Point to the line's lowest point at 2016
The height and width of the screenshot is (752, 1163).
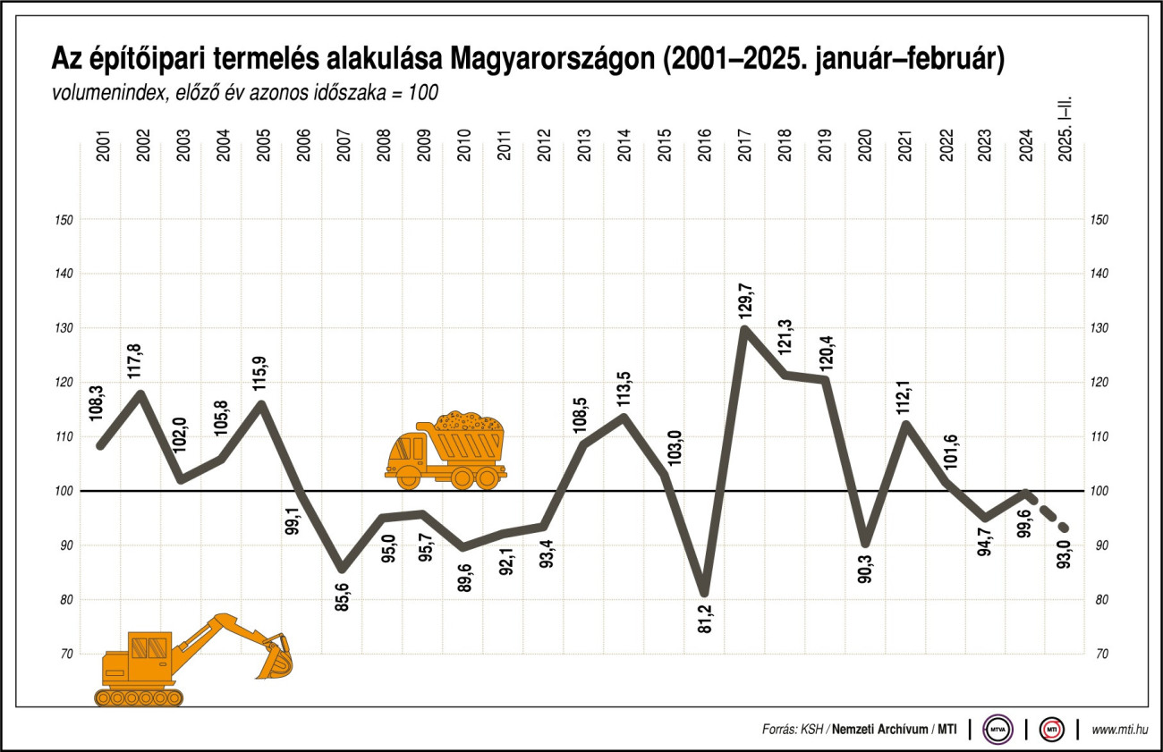pyautogui.click(x=705, y=592)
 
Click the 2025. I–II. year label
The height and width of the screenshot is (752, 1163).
pyautogui.click(x=1064, y=135)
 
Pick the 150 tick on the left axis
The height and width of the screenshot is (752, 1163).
pyautogui.click(x=65, y=220)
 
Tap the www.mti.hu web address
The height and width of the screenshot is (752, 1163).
pyautogui.click(x=1119, y=730)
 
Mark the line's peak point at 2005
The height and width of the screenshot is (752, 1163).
pyautogui.click(x=262, y=404)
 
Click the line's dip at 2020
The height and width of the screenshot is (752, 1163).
pyautogui.click(x=865, y=543)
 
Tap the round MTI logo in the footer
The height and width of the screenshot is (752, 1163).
pyautogui.click(x=1051, y=729)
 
